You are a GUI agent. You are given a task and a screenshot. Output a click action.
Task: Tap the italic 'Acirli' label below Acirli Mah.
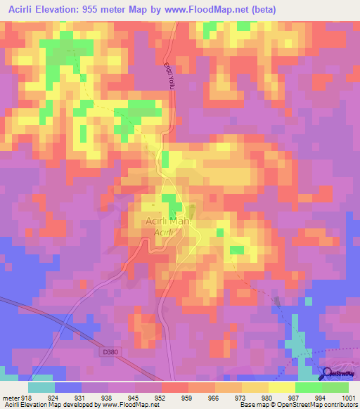(x=163, y=233)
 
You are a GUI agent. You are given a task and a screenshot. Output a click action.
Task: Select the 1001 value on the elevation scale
(x=349, y=397)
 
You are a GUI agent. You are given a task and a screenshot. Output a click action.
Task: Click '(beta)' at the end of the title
(x=260, y=10)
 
